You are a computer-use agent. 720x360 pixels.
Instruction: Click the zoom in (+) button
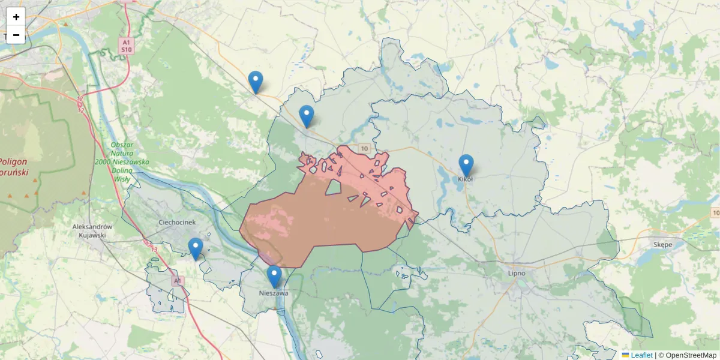[x=16, y=17]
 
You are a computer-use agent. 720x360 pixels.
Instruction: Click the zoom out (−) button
[x=16, y=35]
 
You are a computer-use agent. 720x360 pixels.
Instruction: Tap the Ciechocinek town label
[x=177, y=222]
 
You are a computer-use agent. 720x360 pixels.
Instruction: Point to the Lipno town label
[x=516, y=273]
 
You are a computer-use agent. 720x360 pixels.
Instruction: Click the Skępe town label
[x=663, y=244]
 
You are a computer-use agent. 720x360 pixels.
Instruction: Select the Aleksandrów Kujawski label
[x=92, y=230]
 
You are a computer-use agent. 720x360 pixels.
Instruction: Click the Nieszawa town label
[x=274, y=293]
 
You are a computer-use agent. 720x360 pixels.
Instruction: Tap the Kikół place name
[x=466, y=179]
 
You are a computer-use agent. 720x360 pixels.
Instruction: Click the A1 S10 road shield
[x=125, y=46]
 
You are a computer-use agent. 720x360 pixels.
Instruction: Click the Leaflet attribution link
[x=641, y=355]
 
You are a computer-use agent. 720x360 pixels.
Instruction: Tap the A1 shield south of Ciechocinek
[x=176, y=280]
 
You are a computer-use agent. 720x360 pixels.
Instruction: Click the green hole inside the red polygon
[x=333, y=188]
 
